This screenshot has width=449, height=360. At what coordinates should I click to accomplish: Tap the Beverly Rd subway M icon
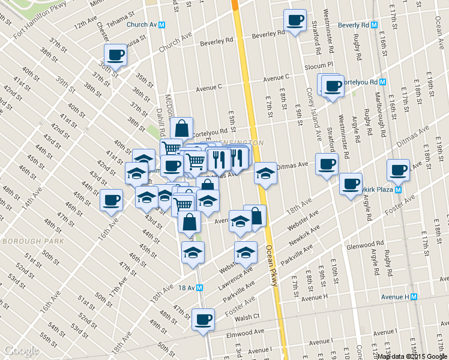[x=374, y=25]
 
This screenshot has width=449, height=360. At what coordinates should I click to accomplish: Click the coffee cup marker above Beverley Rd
[x=295, y=20]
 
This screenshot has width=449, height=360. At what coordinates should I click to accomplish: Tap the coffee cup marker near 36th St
[x=115, y=55]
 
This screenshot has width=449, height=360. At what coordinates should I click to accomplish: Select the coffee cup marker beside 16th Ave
[x=111, y=200]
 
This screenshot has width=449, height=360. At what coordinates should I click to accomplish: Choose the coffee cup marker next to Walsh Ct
[x=203, y=318]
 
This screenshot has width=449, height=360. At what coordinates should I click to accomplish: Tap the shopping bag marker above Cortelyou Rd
[x=181, y=128]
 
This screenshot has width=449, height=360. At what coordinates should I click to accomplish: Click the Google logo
[x=21, y=350]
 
